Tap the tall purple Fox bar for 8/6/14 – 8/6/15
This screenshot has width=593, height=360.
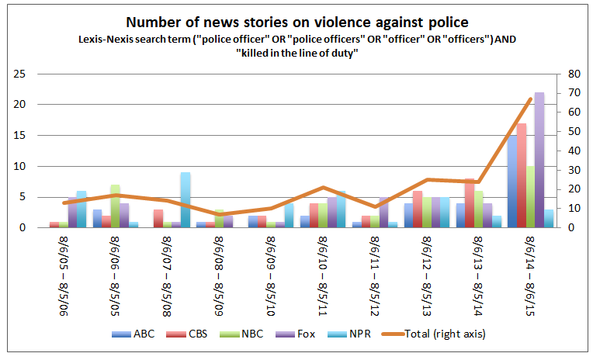pos(539,160)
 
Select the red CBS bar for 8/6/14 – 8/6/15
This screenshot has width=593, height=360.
pos(522,175)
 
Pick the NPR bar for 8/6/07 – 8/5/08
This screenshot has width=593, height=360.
pos(186,200)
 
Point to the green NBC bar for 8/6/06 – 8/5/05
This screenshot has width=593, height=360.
pos(115,206)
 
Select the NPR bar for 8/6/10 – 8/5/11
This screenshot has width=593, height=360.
pos(342,209)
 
